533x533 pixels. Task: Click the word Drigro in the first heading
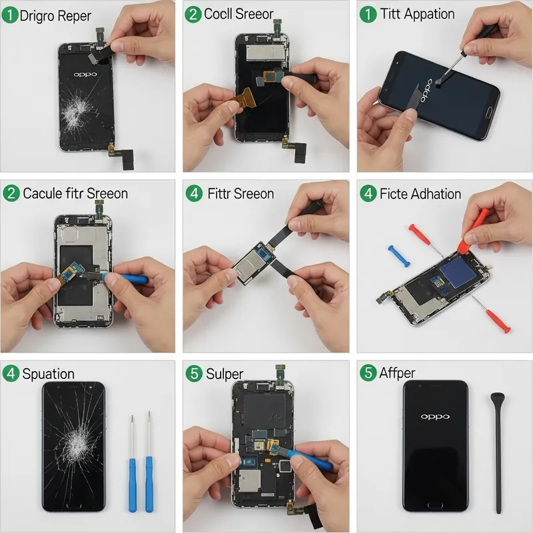(39, 15)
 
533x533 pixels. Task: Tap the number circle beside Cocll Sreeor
(193, 14)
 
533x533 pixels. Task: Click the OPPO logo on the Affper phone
(435, 416)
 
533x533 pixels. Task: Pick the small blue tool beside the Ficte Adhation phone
(398, 255)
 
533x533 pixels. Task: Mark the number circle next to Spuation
(11, 374)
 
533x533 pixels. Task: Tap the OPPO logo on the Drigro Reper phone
(85, 74)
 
